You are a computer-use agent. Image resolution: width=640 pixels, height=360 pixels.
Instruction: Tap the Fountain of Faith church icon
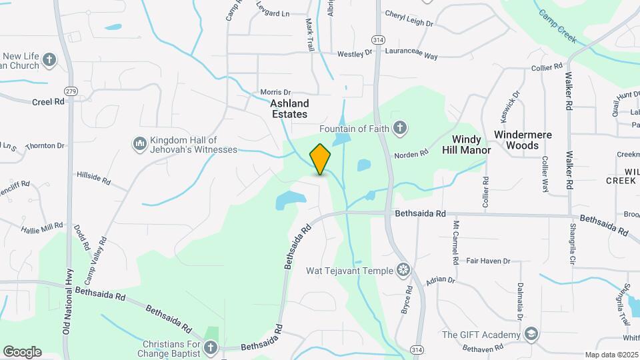tap(400, 127)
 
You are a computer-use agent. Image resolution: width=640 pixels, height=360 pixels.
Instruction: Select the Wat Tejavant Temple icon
tap(403, 270)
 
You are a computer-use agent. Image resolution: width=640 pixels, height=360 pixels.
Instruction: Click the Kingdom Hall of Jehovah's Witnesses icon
tap(140, 143)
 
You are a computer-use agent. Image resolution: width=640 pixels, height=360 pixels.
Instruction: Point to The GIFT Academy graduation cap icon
tap(531, 333)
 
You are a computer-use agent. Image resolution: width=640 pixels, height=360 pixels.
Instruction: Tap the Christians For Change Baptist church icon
tap(211, 347)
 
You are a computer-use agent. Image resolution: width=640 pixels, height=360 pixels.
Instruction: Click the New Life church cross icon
tap(49, 61)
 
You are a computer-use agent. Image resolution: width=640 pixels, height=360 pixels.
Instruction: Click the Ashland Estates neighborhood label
tap(289, 109)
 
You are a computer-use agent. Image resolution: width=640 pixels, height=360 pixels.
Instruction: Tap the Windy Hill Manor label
tap(467, 145)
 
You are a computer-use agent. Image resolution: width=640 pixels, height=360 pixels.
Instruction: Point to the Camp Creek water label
tap(557, 26)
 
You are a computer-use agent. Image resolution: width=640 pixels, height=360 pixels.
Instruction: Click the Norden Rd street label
tap(411, 155)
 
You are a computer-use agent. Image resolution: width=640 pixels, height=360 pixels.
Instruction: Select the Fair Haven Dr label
tap(488, 261)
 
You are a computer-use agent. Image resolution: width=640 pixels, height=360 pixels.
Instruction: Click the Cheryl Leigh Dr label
tap(409, 19)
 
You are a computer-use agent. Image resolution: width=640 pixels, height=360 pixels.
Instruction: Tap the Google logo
tap(22, 351)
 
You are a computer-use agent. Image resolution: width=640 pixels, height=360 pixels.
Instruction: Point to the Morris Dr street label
tap(275, 93)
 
